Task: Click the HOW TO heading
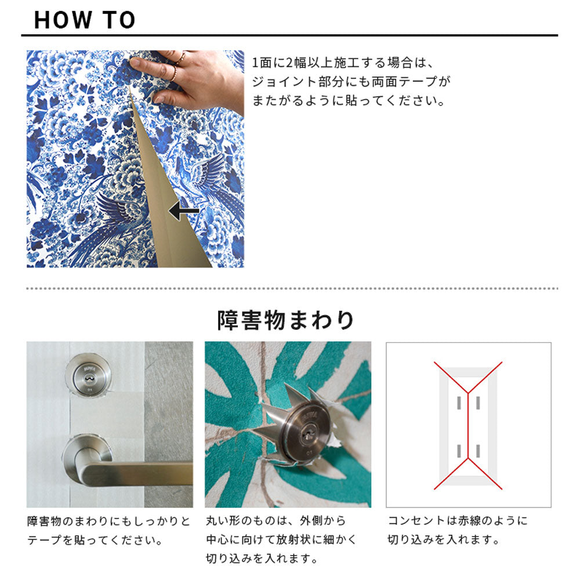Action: (x=85, y=20)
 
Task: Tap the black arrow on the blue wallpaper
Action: (x=184, y=211)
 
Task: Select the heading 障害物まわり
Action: (x=285, y=320)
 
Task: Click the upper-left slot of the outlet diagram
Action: (x=459, y=403)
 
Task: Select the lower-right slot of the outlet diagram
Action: (x=478, y=451)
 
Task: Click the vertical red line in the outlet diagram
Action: (x=468, y=425)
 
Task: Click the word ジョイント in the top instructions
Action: (x=284, y=82)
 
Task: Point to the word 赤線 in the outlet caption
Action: (x=469, y=520)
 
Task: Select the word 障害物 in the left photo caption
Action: (x=44, y=521)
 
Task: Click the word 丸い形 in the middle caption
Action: (x=223, y=521)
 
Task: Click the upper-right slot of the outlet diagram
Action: (x=478, y=403)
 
